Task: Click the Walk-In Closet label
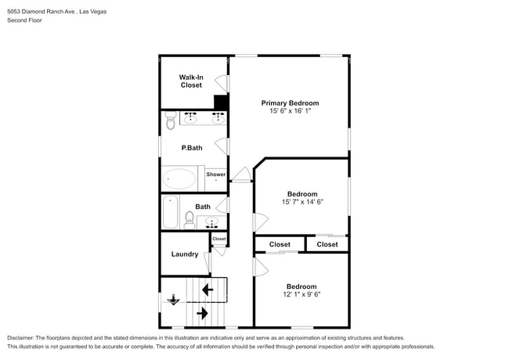click(191, 81)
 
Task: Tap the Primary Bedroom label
click(290, 103)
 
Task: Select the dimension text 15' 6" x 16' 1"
click(290, 112)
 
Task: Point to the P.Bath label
click(191, 148)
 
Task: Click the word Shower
click(215, 175)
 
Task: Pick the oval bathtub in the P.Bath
click(180, 179)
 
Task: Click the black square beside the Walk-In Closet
click(222, 103)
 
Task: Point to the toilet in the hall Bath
click(190, 219)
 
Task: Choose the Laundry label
click(185, 254)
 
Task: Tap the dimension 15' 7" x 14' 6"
click(301, 202)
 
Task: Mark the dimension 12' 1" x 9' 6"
click(301, 295)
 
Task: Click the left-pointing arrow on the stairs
click(208, 290)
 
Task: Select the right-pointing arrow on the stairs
click(202, 314)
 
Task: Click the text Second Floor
click(25, 20)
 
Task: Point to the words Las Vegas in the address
click(92, 11)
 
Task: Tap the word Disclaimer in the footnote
click(24, 337)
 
